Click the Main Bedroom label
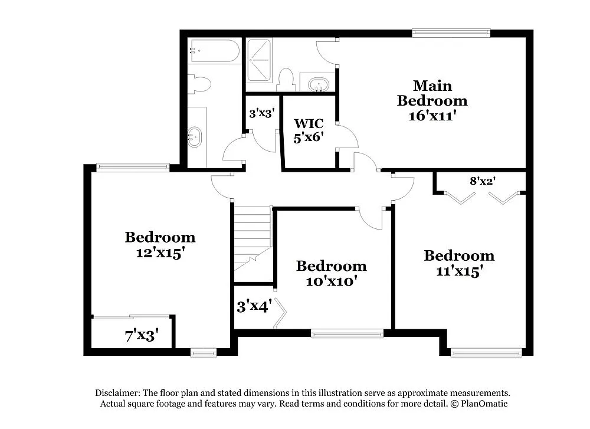point(432,93)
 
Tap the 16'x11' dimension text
point(432,116)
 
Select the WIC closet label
point(309,124)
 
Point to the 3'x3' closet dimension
point(261,113)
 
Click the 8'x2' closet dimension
point(481,181)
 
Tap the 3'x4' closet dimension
point(254,307)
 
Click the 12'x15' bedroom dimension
point(160,252)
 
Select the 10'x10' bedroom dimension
point(331,281)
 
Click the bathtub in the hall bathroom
point(214,51)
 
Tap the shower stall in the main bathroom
point(258,60)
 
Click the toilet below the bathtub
point(201,84)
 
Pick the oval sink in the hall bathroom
point(194,137)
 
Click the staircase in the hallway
point(253,236)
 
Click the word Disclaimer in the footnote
point(117,393)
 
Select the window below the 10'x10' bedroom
point(347,334)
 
